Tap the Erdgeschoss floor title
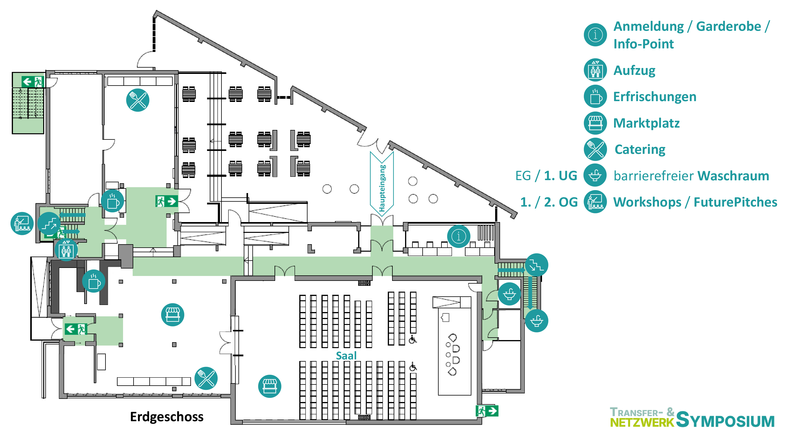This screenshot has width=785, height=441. point(166,417)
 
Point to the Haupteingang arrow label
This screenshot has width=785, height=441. point(382,188)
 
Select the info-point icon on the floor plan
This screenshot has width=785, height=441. point(459,236)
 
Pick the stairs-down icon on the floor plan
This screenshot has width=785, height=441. point(536,265)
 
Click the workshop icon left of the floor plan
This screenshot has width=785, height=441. point(22,224)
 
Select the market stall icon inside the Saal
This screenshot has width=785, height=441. point(269,386)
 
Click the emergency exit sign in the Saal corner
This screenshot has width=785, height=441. point(487,411)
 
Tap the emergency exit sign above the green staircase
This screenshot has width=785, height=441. point(33,82)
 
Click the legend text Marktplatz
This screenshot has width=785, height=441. point(646,123)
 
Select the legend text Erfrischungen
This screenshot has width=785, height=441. point(654,97)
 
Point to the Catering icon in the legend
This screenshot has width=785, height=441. point(595,149)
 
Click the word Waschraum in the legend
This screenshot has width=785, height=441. point(734,176)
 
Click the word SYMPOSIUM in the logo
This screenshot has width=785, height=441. point(725,420)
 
